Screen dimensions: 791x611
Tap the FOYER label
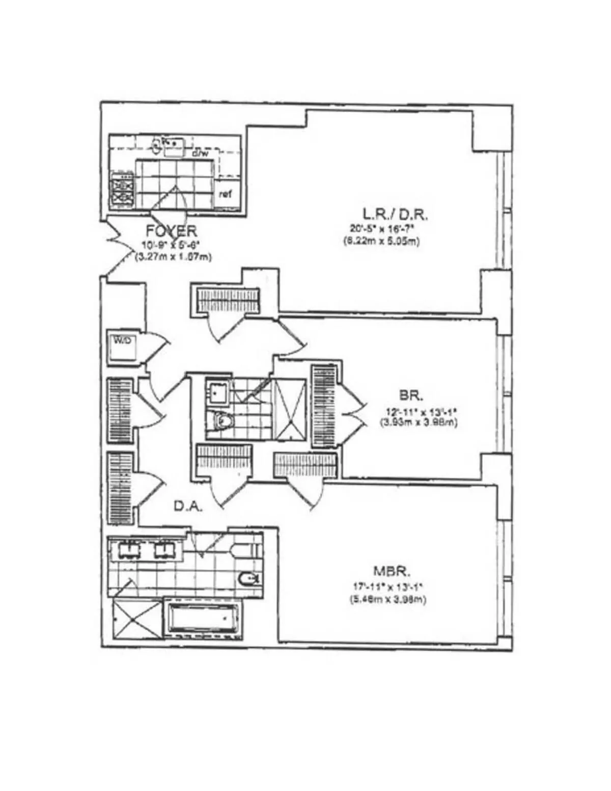[171, 231]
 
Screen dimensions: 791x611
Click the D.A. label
[189, 507]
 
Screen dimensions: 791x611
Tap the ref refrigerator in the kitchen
[225, 194]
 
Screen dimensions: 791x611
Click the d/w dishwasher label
[198, 153]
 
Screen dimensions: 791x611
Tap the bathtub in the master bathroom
[203, 619]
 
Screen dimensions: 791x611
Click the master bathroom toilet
[249, 578]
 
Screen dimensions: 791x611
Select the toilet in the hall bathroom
[222, 421]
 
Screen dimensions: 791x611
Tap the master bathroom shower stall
[136, 619]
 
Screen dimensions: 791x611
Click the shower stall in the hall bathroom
[290, 409]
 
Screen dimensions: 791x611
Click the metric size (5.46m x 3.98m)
[387, 600]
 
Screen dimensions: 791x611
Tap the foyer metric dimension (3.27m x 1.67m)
[173, 257]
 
